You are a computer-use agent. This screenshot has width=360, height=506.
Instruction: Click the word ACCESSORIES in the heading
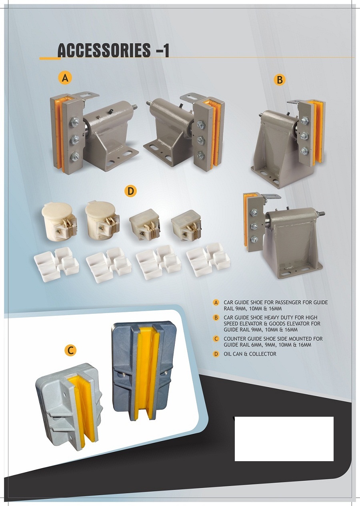(104, 50)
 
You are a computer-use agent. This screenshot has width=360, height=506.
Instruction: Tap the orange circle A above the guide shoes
(65, 78)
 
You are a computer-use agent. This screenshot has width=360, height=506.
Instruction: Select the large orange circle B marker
(280, 80)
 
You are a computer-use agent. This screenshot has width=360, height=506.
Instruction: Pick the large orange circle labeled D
(130, 191)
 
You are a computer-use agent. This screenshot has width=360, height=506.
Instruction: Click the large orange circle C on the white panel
(70, 350)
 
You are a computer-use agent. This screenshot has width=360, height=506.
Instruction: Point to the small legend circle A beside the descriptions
(216, 303)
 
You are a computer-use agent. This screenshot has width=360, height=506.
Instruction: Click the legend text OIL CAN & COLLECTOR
(250, 354)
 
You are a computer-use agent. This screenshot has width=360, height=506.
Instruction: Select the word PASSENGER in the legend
(287, 302)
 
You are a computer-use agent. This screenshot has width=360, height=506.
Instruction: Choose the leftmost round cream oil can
(59, 221)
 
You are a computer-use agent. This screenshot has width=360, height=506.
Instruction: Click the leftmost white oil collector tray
(56, 264)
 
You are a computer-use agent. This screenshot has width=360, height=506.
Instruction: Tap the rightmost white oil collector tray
(208, 259)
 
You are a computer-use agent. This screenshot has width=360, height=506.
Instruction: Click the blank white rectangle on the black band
(284, 439)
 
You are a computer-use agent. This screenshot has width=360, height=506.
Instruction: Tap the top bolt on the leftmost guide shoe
(74, 122)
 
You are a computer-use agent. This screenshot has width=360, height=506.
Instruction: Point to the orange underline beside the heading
(50, 58)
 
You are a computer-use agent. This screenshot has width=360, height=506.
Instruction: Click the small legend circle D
(216, 354)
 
